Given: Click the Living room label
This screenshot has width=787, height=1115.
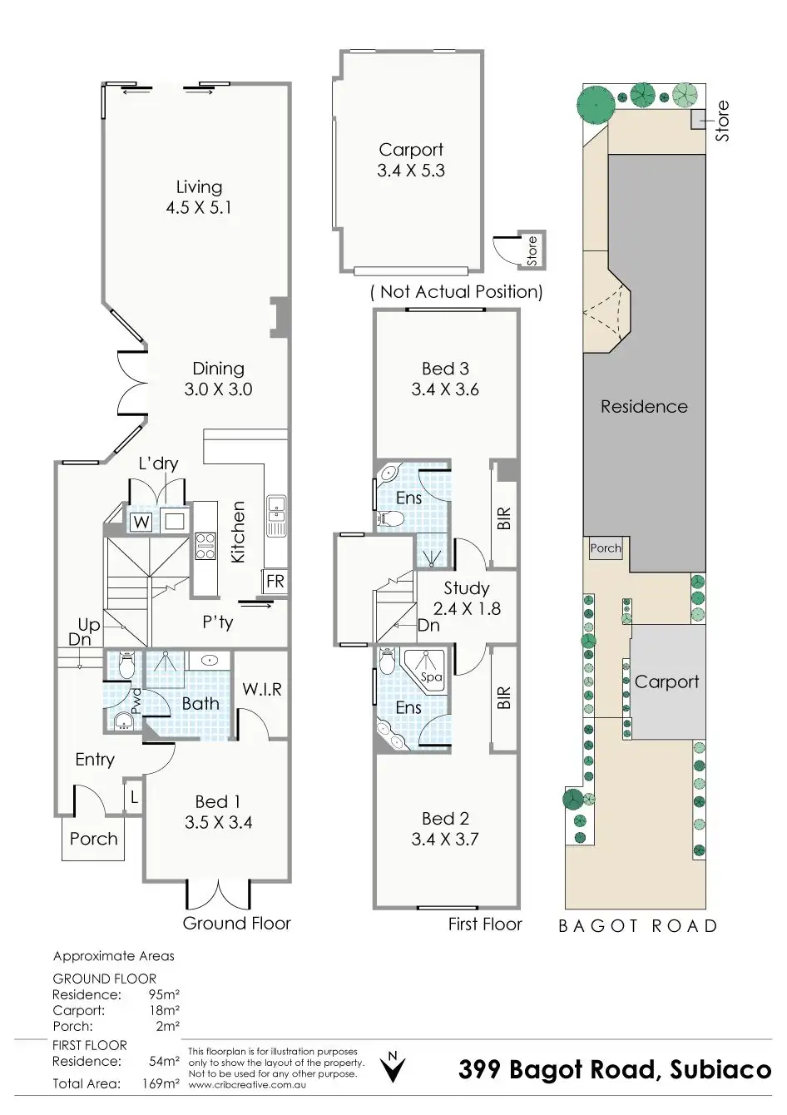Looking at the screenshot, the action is (199, 187).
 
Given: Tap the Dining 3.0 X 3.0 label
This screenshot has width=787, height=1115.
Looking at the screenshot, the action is (218, 379).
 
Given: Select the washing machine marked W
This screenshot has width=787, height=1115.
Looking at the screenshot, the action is (141, 523).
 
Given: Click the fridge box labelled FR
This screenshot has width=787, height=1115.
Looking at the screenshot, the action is (275, 581).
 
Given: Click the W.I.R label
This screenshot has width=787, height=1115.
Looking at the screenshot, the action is (262, 690).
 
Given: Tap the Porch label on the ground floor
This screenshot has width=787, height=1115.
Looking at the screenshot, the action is (93, 839).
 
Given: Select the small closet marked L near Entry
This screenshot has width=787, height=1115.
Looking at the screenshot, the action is (133, 798).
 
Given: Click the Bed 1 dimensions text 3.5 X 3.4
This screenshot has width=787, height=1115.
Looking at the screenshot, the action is (218, 823).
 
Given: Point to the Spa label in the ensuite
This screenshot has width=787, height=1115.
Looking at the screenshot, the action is (431, 677).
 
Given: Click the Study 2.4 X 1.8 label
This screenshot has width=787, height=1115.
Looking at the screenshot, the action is (467, 598).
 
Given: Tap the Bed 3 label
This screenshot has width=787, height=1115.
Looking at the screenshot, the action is (445, 369).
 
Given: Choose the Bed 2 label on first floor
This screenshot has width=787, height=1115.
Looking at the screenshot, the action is (445, 819).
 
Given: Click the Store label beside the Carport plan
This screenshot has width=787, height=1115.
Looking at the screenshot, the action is (532, 250).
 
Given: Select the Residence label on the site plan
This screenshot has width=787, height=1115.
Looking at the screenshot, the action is (644, 407).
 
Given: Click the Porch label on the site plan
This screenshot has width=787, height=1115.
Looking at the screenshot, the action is (605, 548).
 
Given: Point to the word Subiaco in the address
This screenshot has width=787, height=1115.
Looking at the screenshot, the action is (720, 1070).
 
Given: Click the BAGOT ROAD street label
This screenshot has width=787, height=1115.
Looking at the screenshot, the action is (638, 926).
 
